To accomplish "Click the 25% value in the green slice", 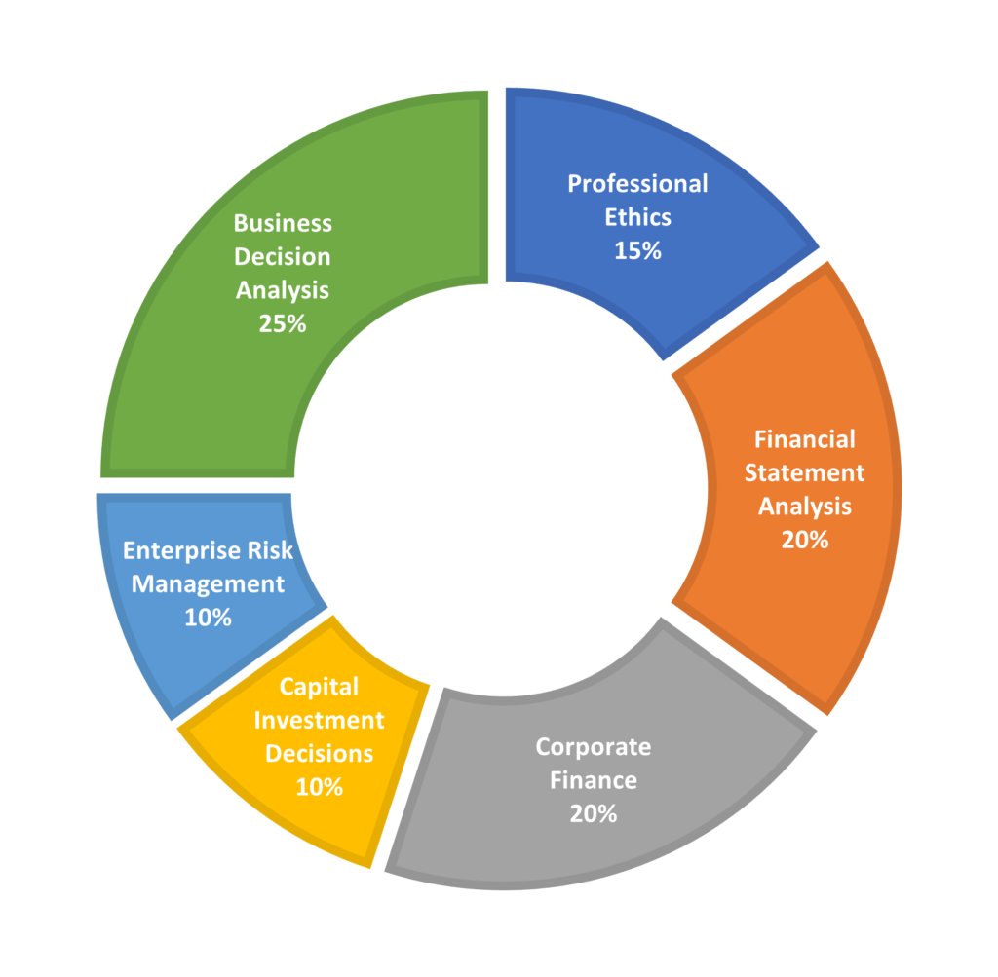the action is coord(283,323).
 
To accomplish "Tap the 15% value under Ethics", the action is coord(637,250).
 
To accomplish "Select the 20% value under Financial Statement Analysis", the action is coord(805,540).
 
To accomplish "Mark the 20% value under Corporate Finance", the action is coord(594,813).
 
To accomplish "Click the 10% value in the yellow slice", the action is coord(320,787).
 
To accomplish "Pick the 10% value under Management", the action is coord(209,618).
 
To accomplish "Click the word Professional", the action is coord(637,184).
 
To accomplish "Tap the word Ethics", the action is coord(637,217).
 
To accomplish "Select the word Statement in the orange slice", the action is coord(804,472).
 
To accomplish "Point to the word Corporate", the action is coord(594,747).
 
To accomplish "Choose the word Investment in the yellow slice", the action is coord(320,720).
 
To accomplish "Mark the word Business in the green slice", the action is coord(283,223).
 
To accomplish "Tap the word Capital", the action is coord(320,687).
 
